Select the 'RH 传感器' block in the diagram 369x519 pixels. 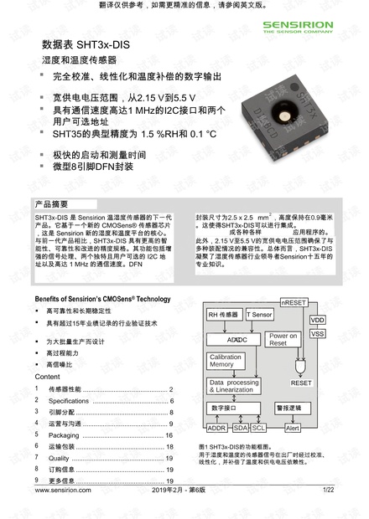coord(223,315)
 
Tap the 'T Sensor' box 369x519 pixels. coord(259,315)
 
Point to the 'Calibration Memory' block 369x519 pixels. coord(222,361)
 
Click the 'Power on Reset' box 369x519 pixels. coord(283,339)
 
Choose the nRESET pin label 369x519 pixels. coord(293,301)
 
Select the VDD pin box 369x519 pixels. coord(318,320)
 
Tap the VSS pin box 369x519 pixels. coord(318,333)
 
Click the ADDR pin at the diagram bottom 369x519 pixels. coord(216,428)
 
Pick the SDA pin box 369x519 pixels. coord(241,428)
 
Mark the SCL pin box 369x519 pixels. coord(259,428)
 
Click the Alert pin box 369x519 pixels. coord(293,428)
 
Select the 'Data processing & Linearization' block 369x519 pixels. coord(234,387)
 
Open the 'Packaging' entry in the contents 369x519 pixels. coord(63,435)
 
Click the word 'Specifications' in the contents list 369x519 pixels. coord(69,401)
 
